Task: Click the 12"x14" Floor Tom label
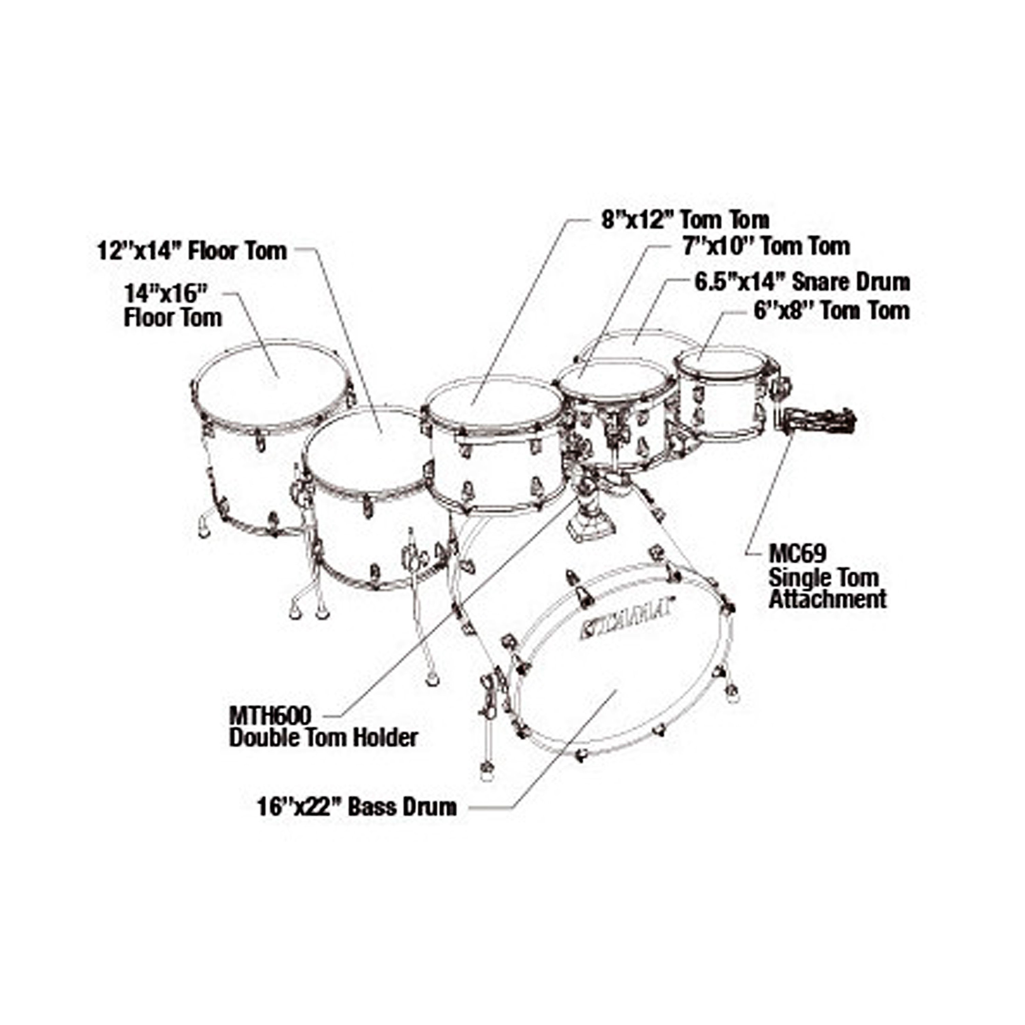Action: pos(192,251)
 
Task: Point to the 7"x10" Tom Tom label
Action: pos(766,246)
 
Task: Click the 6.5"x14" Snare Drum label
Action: pos(802,282)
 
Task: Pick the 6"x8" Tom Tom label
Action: pos(832,310)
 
